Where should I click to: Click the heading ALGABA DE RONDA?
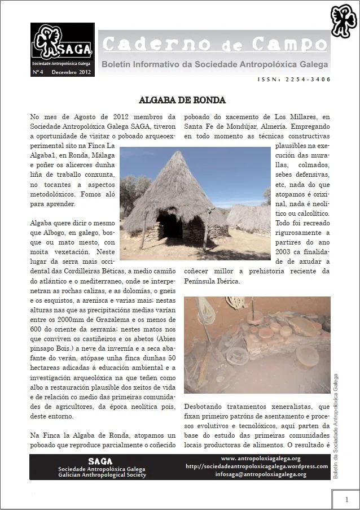tap(182, 101)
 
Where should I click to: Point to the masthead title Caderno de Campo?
tap(214, 44)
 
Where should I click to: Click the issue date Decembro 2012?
tap(71, 72)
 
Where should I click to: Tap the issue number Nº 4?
tap(39, 72)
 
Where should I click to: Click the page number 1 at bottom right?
tap(346, 499)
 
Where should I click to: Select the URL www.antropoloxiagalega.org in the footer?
tap(261, 458)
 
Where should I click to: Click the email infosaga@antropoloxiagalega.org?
tap(261, 474)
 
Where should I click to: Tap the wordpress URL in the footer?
tap(257, 467)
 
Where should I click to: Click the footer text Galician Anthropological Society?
tap(102, 475)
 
